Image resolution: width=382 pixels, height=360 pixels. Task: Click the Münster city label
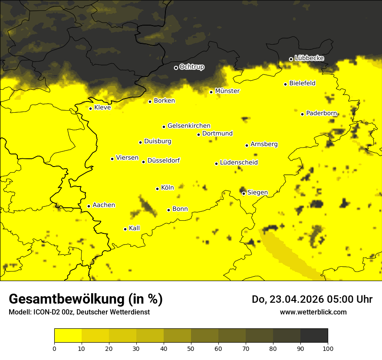click(227, 91)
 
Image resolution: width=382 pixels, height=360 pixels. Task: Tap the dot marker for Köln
click(158, 189)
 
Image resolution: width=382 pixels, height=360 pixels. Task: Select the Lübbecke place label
click(309, 58)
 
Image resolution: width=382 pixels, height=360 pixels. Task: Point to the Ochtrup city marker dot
click(176, 68)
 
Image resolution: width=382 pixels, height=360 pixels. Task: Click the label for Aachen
click(104, 205)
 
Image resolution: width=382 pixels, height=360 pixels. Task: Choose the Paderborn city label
click(321, 113)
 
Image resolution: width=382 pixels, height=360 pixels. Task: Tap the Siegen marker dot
click(244, 193)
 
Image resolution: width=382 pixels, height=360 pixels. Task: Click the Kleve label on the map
click(102, 108)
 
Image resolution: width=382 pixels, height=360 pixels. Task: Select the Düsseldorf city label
click(164, 160)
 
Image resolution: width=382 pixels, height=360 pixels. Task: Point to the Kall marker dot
click(125, 229)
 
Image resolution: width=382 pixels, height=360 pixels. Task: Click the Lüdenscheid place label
click(239, 163)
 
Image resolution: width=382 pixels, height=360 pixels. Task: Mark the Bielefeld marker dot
click(286, 84)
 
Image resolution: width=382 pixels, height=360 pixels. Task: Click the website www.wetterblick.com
click(313, 312)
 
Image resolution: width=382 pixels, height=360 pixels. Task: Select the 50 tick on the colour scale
click(191, 348)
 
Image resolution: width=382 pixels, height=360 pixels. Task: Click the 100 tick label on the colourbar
click(328, 348)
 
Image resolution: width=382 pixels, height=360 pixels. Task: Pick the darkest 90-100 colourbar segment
click(314, 336)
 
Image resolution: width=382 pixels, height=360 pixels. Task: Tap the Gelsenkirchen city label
click(189, 126)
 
